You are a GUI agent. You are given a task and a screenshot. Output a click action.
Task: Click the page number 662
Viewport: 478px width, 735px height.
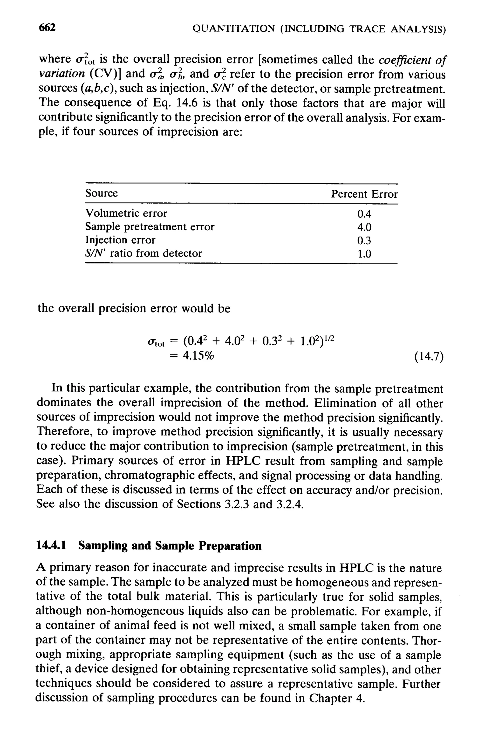[x=47, y=28]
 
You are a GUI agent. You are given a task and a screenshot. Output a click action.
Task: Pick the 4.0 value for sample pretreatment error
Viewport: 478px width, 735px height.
[x=364, y=227]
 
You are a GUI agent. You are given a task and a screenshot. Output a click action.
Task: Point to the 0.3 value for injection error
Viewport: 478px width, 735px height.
[x=364, y=240]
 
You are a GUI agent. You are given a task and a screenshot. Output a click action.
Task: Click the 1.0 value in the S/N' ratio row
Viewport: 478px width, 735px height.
[x=364, y=254]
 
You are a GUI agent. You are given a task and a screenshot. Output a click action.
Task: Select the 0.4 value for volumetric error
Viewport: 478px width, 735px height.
[x=364, y=213]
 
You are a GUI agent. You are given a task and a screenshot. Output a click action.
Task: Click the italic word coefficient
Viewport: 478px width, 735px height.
[x=403, y=59]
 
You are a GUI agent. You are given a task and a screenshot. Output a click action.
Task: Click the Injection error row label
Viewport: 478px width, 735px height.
[x=120, y=240]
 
